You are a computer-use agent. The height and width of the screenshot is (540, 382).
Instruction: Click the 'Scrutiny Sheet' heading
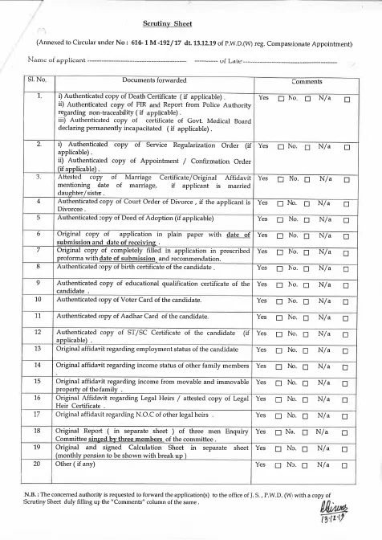190,26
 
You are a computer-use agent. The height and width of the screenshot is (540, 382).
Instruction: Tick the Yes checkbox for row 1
281,98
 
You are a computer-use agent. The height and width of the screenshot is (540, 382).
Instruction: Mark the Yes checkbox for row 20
281,464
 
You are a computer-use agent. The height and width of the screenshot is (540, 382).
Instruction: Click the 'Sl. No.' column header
39,81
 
